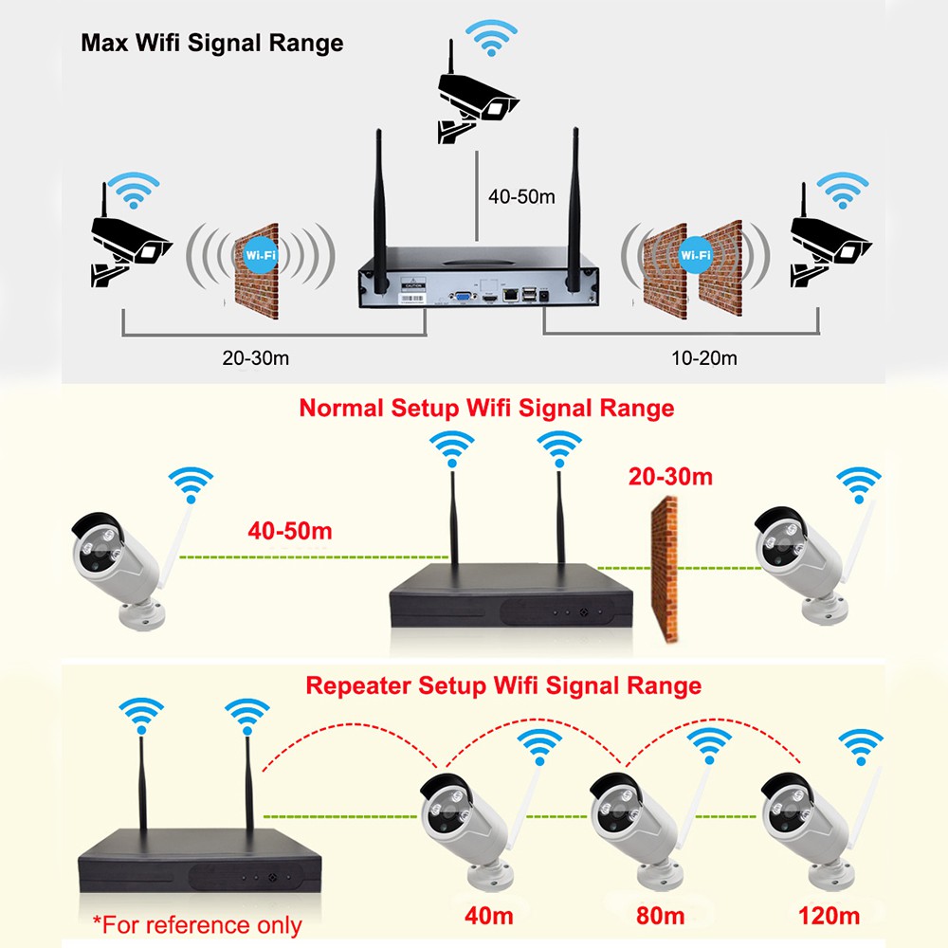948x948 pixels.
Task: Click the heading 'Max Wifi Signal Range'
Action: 211,43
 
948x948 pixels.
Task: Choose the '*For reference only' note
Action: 196,924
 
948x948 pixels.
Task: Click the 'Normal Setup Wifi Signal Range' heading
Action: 486,408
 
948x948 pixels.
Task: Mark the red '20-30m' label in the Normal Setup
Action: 669,476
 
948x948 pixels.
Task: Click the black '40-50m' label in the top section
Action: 521,197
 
